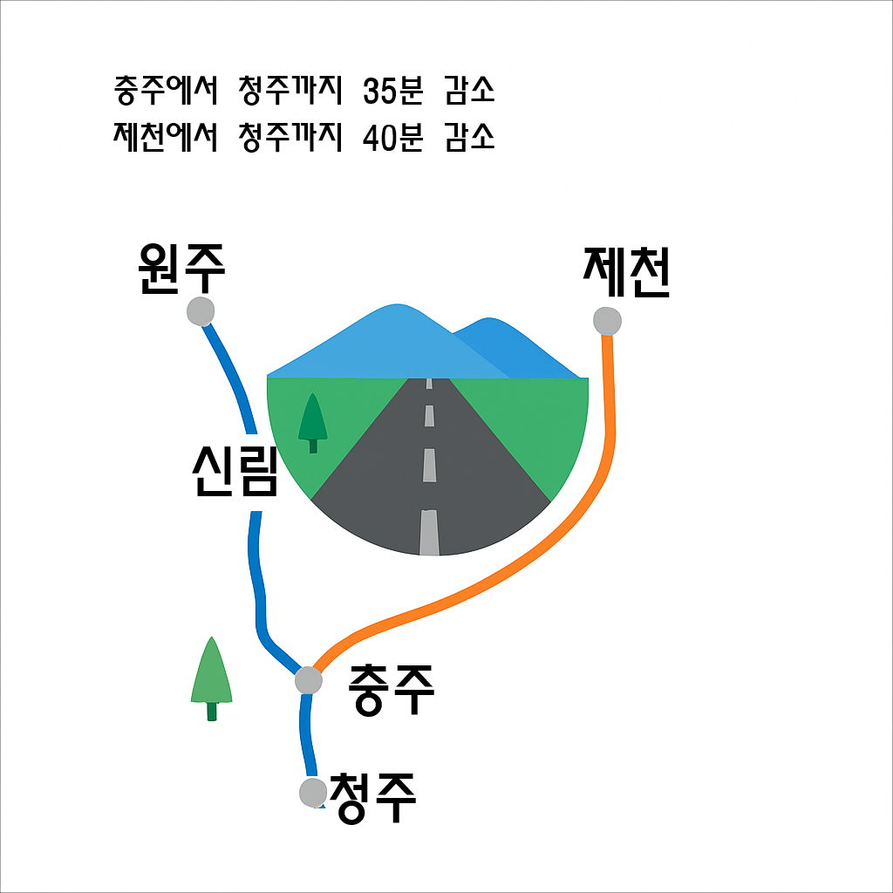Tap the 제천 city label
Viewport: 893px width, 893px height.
(626, 272)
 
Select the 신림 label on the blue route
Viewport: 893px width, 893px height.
(234, 471)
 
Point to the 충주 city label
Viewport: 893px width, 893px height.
(391, 689)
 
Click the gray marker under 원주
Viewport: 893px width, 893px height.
(201, 310)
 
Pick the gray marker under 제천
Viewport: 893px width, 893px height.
(607, 320)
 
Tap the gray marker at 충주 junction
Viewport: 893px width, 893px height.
(308, 678)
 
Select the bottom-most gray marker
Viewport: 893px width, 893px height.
(312, 792)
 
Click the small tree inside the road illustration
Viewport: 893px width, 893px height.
(312, 421)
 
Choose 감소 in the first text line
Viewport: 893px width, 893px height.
(469, 90)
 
